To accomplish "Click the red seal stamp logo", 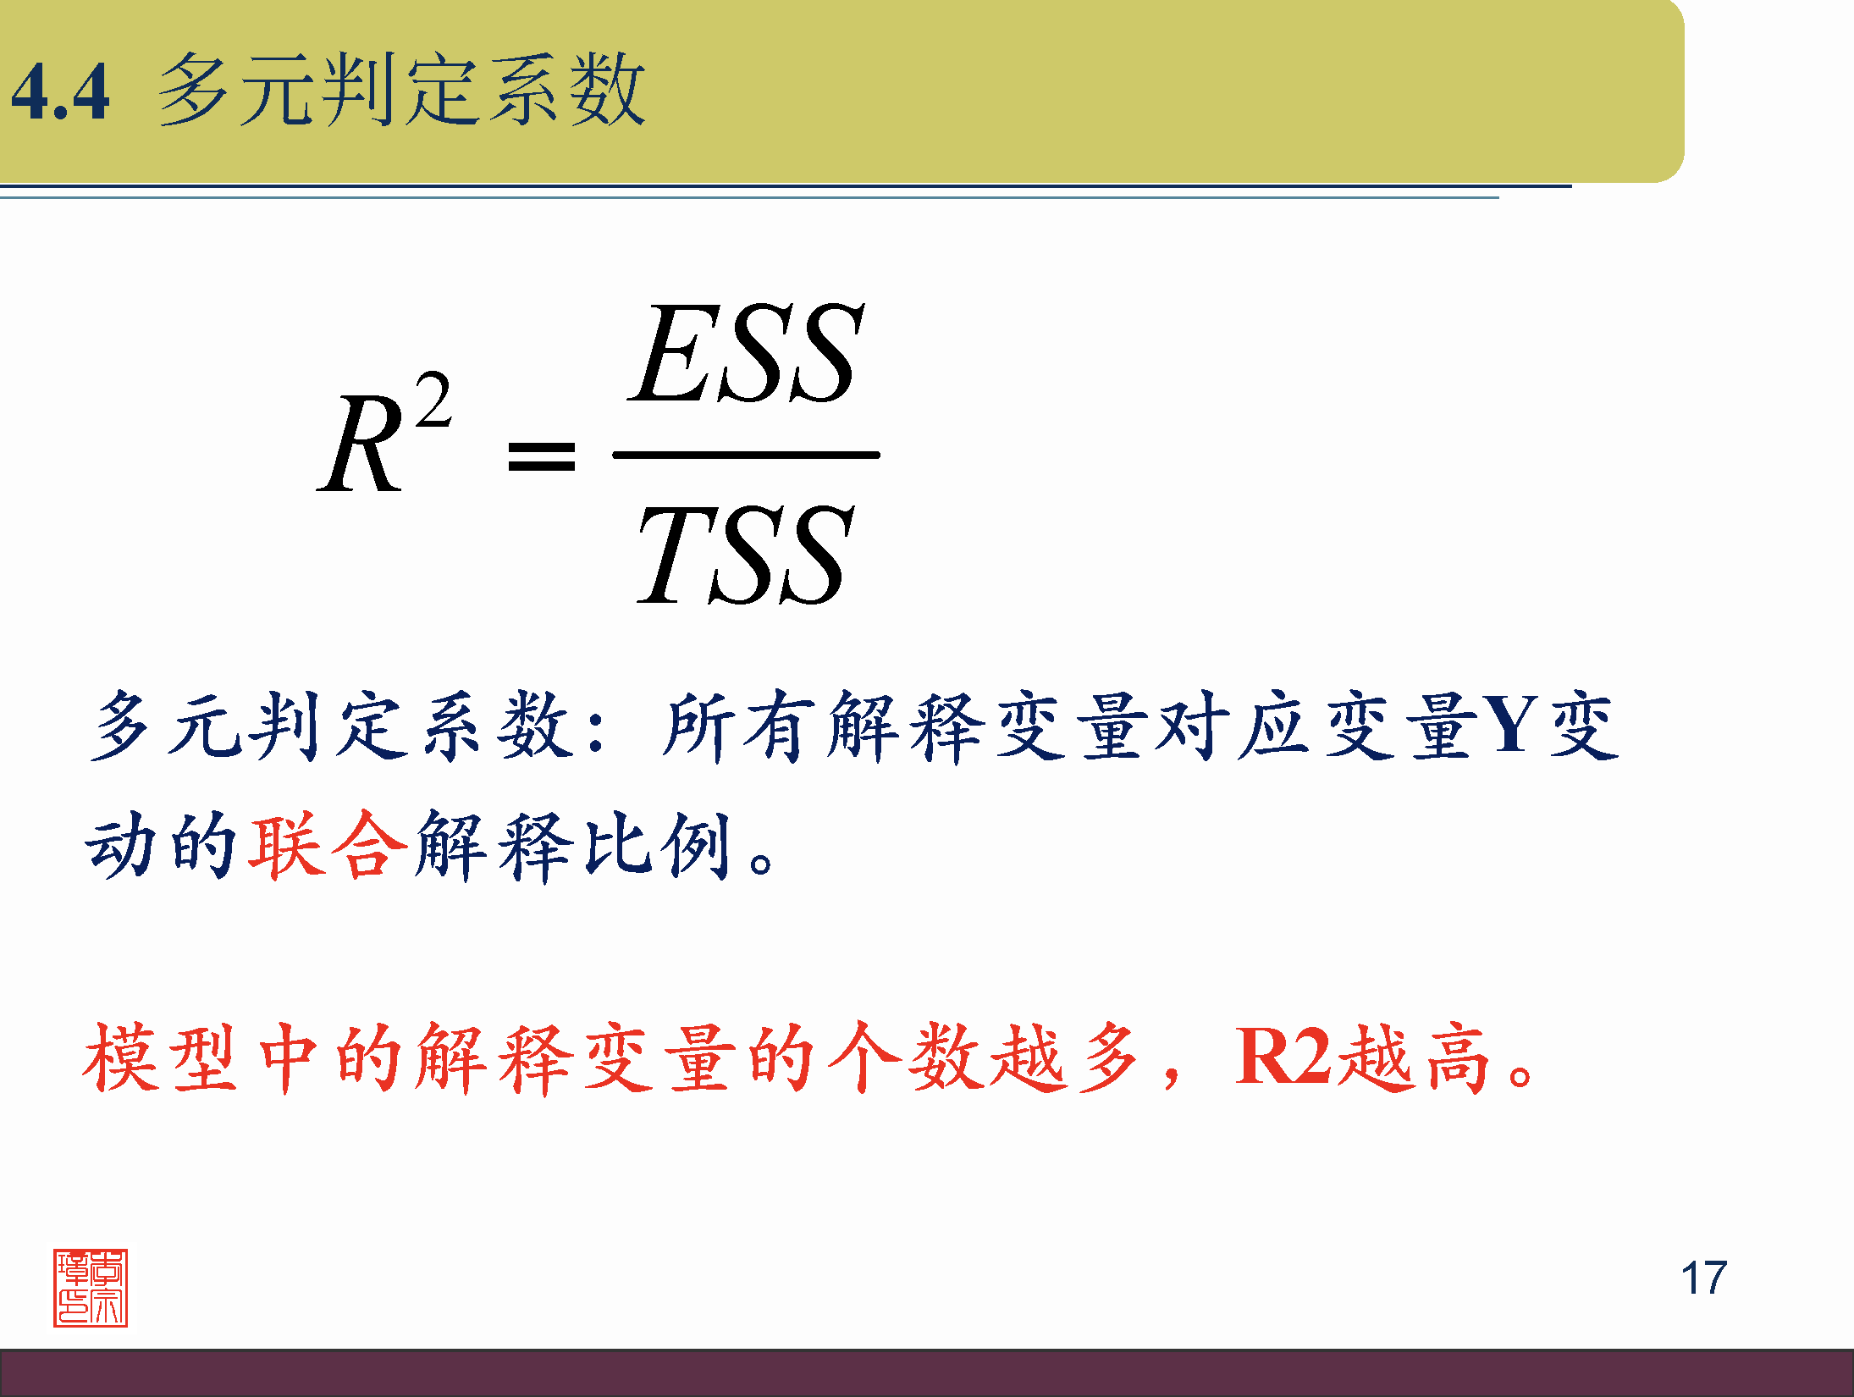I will [91, 1287].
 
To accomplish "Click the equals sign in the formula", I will [541, 456].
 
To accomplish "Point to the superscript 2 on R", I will [433, 401].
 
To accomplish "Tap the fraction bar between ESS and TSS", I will [745, 456].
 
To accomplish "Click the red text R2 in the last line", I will [1283, 1057].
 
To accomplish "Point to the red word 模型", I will [159, 1058].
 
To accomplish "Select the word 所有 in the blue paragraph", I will [737, 726].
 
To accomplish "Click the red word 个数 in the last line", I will [906, 1058].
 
